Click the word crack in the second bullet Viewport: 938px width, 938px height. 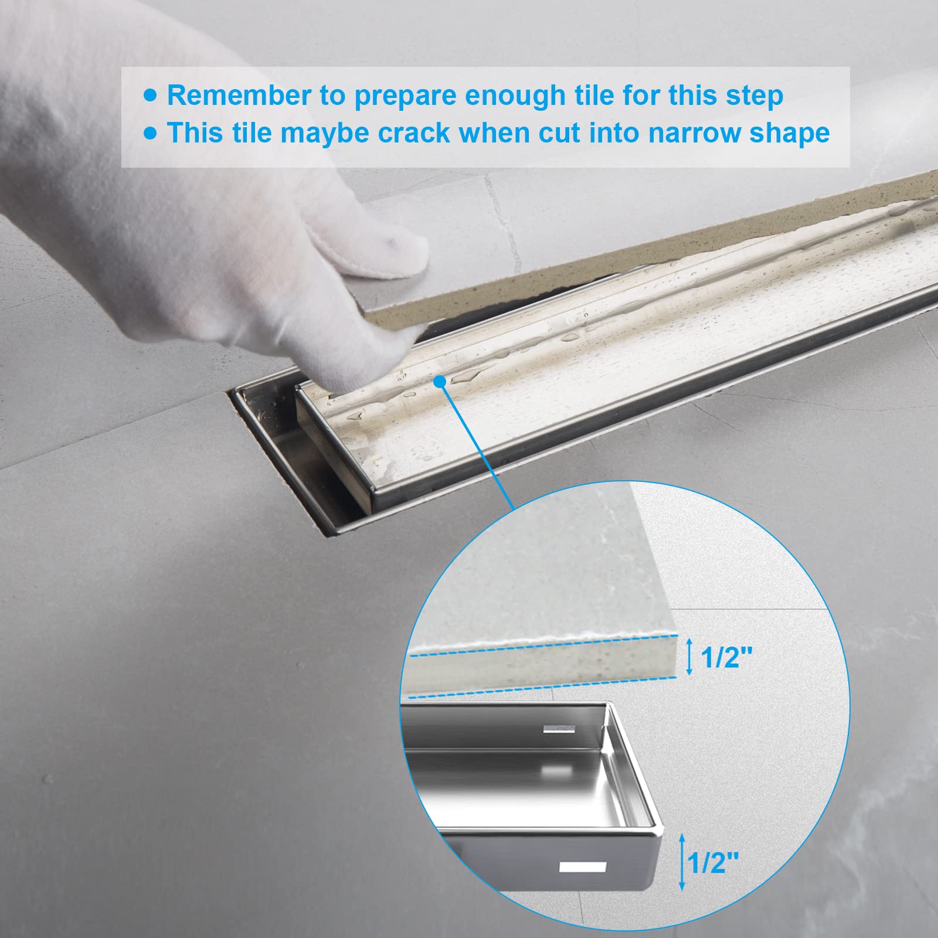click(x=415, y=133)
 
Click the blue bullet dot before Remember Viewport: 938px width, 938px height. click(x=151, y=96)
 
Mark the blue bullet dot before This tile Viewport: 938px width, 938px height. click(x=151, y=133)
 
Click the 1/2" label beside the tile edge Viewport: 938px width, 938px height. click(x=726, y=657)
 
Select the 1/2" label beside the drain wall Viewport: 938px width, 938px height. click(x=713, y=862)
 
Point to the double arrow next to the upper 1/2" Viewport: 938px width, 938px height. click(x=690, y=657)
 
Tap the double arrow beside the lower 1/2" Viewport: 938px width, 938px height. click(x=681, y=862)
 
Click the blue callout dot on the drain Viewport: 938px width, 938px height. click(x=441, y=381)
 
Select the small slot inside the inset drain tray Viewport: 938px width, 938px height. click(x=559, y=729)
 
